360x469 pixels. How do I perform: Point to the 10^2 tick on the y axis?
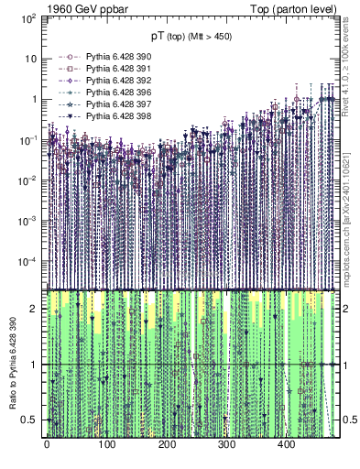pos(27,17)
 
